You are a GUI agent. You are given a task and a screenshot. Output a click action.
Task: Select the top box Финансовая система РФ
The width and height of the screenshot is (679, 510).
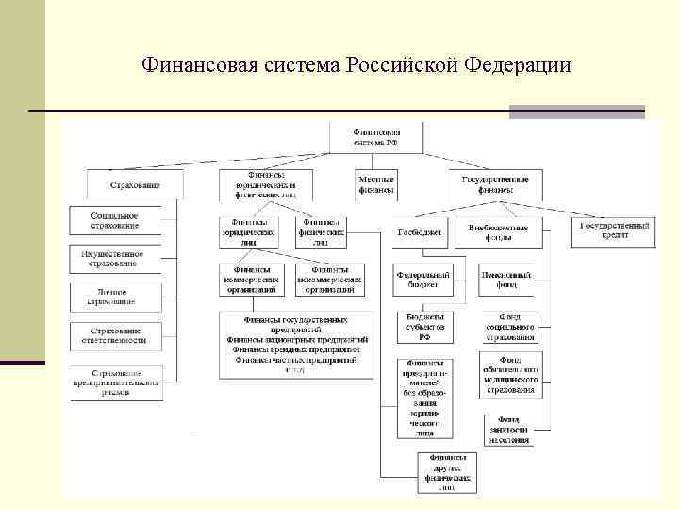375,137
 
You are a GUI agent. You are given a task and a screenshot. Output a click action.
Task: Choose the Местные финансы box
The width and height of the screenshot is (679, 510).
375,182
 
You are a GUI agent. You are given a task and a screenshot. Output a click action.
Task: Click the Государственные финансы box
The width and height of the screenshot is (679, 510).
494,182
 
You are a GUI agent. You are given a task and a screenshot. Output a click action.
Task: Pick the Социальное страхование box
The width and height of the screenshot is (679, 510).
115,220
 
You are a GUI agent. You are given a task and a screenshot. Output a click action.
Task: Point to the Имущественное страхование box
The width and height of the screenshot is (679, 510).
115,258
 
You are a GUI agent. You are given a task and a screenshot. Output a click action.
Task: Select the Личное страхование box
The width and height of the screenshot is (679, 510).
115,297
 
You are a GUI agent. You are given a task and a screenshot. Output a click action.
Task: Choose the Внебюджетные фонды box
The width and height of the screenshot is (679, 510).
504,231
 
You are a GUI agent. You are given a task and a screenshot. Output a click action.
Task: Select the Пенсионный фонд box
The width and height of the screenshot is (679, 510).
506,280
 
